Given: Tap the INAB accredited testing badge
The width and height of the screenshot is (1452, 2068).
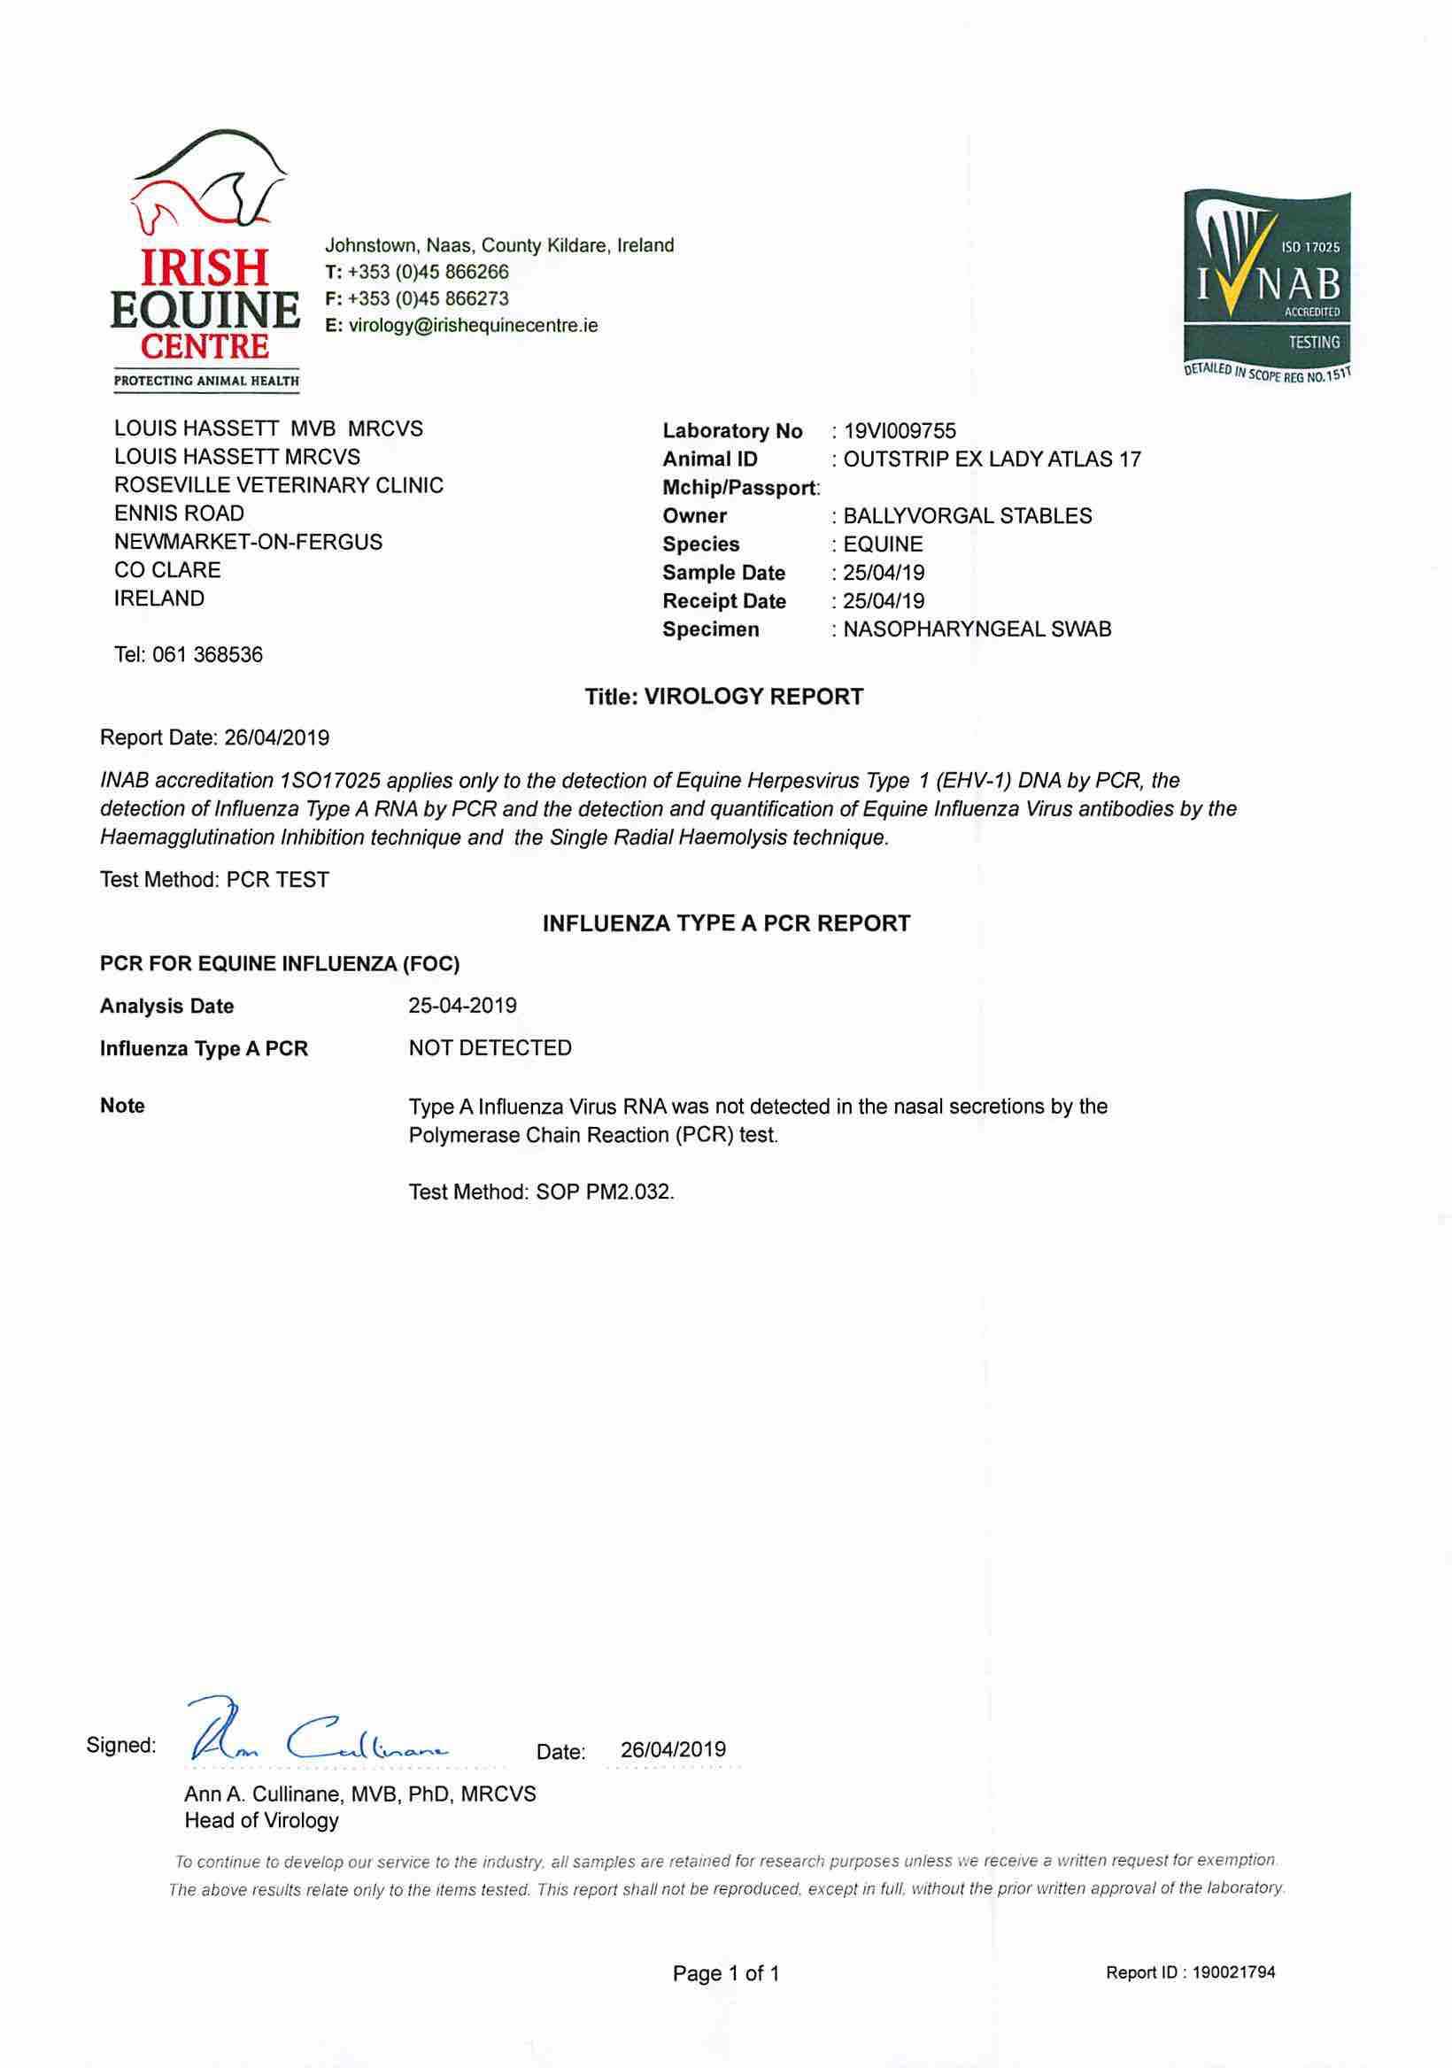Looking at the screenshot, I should [x=1267, y=287].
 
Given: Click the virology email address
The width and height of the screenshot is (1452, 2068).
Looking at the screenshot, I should [x=473, y=325].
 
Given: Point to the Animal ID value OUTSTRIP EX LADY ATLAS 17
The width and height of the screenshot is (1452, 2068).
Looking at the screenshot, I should [x=992, y=459].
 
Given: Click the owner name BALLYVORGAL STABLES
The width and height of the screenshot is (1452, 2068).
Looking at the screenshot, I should [x=968, y=516].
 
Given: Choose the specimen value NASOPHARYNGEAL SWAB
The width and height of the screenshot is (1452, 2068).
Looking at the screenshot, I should [x=977, y=629].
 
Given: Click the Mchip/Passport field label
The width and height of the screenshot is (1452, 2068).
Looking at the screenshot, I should [x=740, y=488].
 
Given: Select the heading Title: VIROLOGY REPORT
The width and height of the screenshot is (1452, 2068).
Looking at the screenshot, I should [x=724, y=697].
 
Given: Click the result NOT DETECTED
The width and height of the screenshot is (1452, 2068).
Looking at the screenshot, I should [x=490, y=1048].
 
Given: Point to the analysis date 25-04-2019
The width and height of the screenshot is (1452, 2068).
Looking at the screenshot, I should [x=462, y=1006].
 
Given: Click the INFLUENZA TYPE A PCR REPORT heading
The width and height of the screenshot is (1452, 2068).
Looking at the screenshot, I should [x=726, y=924].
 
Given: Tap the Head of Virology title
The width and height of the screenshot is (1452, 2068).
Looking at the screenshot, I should [x=261, y=1820].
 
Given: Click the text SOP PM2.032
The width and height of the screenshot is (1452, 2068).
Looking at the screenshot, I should [x=605, y=1192].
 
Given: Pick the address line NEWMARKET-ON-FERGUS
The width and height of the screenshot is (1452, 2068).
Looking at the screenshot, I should [x=248, y=542].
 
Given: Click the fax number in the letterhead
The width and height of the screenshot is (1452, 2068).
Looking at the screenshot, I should [x=427, y=299].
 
